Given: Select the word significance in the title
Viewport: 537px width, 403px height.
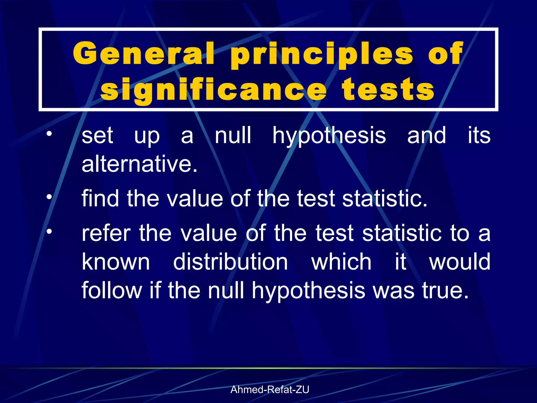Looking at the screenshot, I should tap(213, 90).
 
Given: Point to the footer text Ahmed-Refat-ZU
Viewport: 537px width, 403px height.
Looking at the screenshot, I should tap(270, 390).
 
